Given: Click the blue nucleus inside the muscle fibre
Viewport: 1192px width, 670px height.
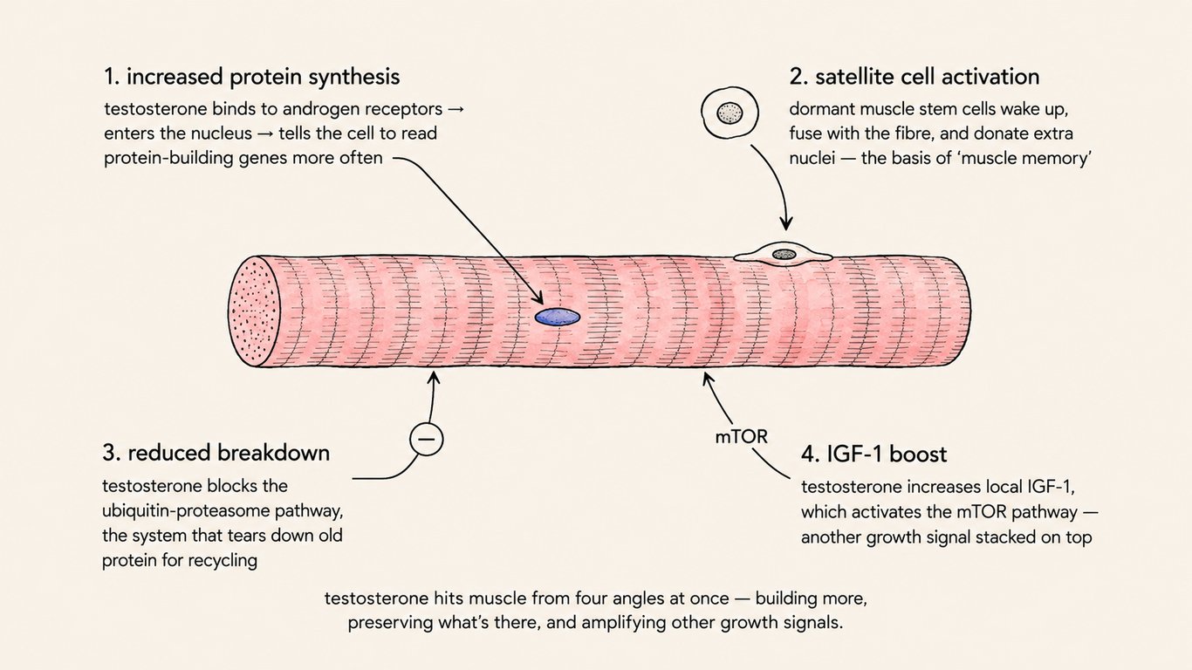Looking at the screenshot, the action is (557, 318).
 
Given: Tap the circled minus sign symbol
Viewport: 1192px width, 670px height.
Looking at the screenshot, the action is (426, 439).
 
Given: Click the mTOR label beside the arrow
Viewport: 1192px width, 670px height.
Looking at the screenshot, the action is (741, 437).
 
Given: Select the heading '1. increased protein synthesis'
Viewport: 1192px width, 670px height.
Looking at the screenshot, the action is (251, 77).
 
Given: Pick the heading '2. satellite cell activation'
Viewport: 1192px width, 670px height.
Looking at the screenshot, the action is (915, 77).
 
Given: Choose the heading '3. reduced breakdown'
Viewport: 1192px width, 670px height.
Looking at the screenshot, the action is (216, 453).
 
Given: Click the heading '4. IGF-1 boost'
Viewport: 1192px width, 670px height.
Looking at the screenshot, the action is (873, 454).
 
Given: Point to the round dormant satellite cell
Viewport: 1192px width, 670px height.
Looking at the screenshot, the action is (730, 113).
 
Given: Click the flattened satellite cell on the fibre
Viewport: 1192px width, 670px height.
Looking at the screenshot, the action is (784, 254).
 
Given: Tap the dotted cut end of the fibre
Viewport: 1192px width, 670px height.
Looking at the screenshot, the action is (254, 311).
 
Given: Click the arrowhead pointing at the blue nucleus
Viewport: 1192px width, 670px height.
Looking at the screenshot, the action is (538, 298).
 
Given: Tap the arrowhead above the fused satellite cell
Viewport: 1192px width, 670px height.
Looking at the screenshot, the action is (786, 223).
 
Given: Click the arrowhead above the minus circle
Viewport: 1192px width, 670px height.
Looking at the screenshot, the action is (435, 377).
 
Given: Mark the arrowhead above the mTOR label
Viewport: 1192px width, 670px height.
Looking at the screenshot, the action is (708, 379).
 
